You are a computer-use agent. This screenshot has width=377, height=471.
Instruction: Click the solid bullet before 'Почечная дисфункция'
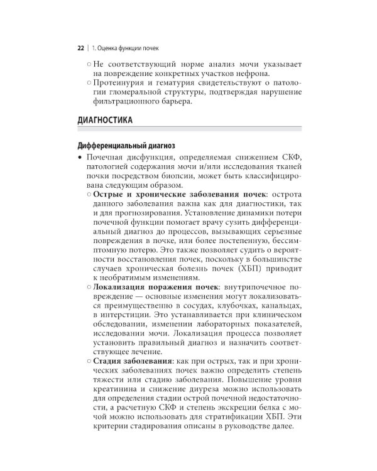coord(80,156)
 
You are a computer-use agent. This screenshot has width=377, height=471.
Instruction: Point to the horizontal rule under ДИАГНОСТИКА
coord(189,130)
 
